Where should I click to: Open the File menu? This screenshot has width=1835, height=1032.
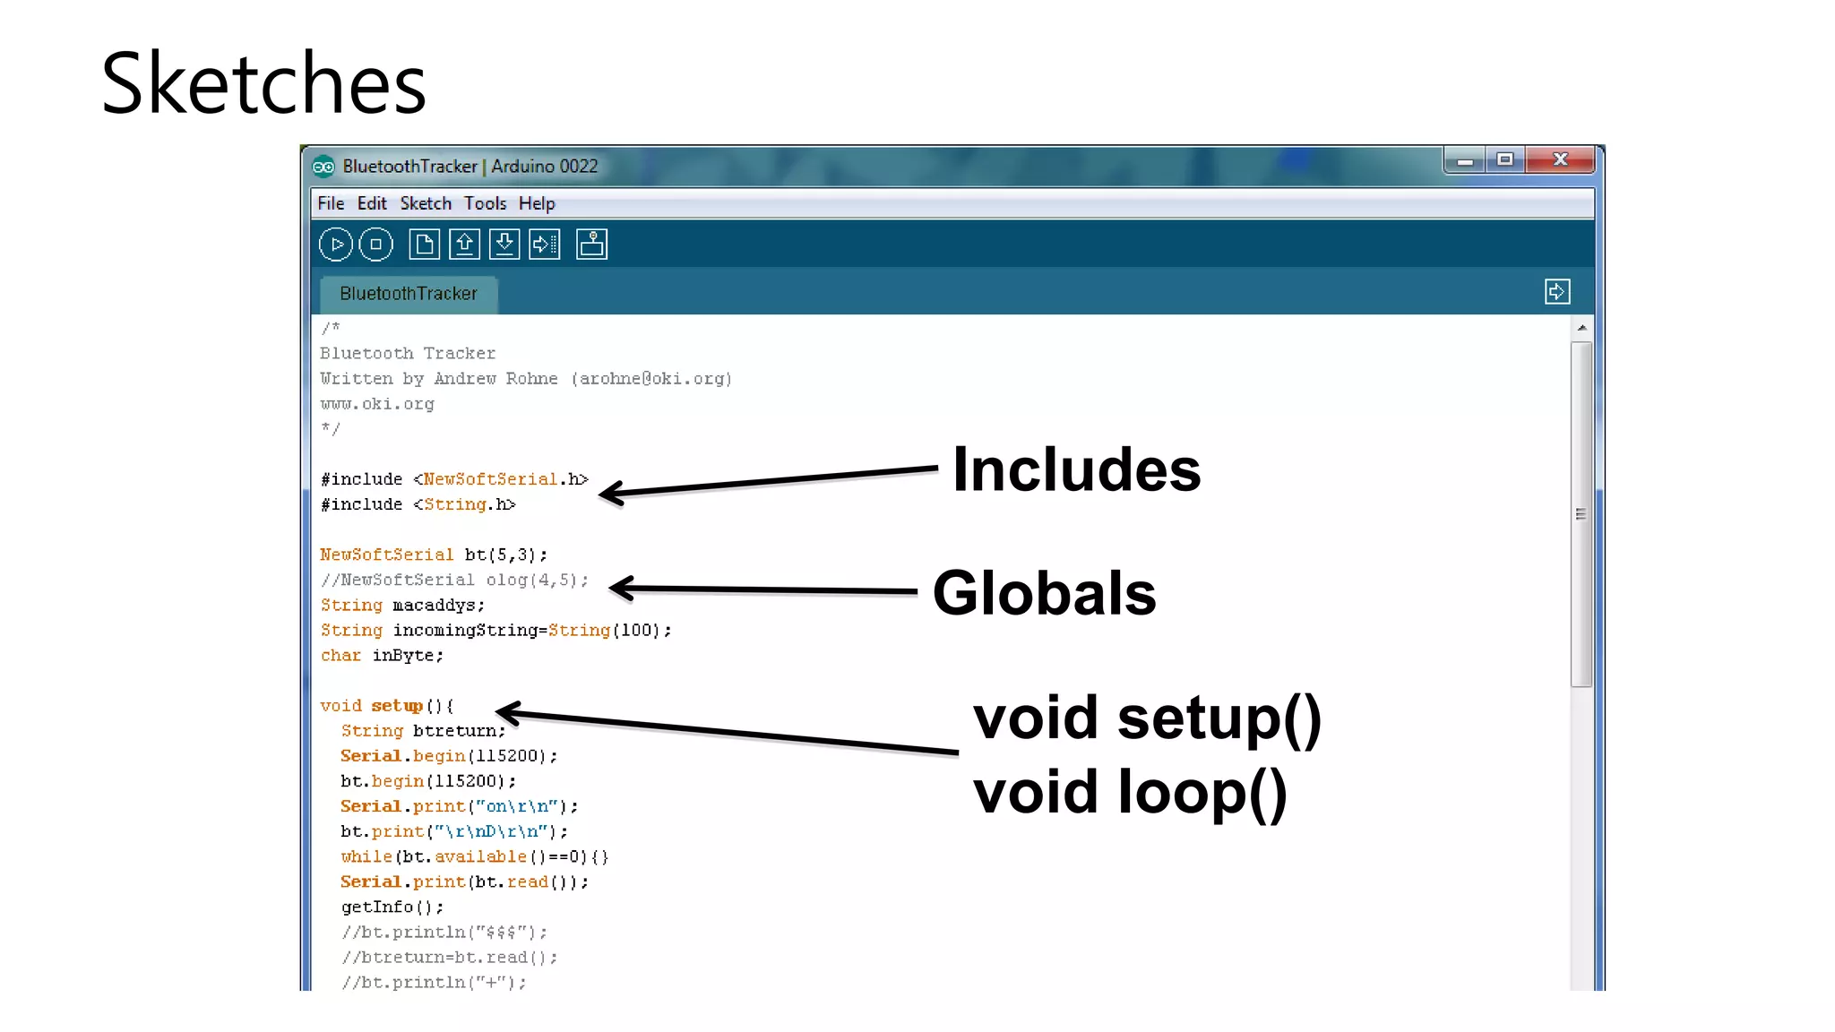331,203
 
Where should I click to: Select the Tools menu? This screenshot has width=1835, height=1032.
485,203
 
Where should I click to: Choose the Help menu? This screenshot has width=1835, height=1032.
537,203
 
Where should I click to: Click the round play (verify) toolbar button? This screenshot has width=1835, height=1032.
336,245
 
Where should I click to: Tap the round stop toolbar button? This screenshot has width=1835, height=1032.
375,245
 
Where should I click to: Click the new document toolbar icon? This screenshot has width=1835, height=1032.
424,245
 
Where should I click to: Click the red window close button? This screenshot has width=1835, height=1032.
1560,159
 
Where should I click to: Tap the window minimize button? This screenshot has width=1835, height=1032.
1465,160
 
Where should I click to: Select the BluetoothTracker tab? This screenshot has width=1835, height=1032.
409,294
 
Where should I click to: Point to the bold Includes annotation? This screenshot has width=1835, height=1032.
1076,469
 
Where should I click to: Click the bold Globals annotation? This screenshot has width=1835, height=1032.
1044,593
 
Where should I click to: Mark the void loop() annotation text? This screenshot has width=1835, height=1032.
1130,792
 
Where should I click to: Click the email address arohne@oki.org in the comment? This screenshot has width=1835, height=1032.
654,379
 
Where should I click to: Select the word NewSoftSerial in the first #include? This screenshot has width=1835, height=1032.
490,479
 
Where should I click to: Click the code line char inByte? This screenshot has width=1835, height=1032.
382,656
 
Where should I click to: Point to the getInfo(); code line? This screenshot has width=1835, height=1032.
392,907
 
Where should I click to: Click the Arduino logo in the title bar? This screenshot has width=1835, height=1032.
323,167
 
